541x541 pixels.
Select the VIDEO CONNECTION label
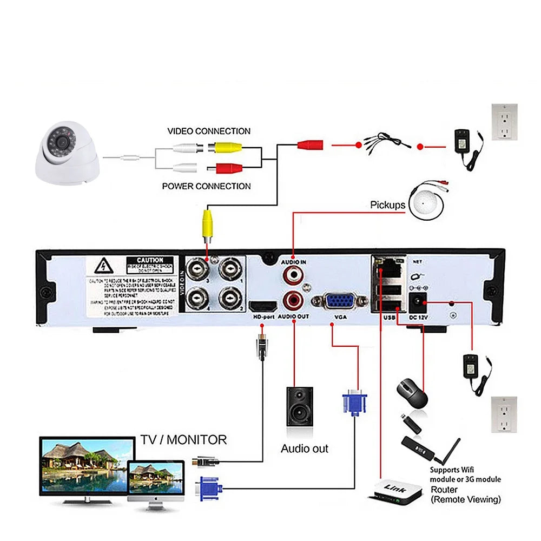[209, 131]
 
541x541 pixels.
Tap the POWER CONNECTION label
[207, 186]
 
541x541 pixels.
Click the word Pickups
[387, 205]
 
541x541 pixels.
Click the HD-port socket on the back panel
[261, 306]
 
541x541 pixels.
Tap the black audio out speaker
[300, 406]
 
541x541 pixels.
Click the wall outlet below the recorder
[504, 414]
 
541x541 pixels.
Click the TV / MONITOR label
[183, 439]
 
